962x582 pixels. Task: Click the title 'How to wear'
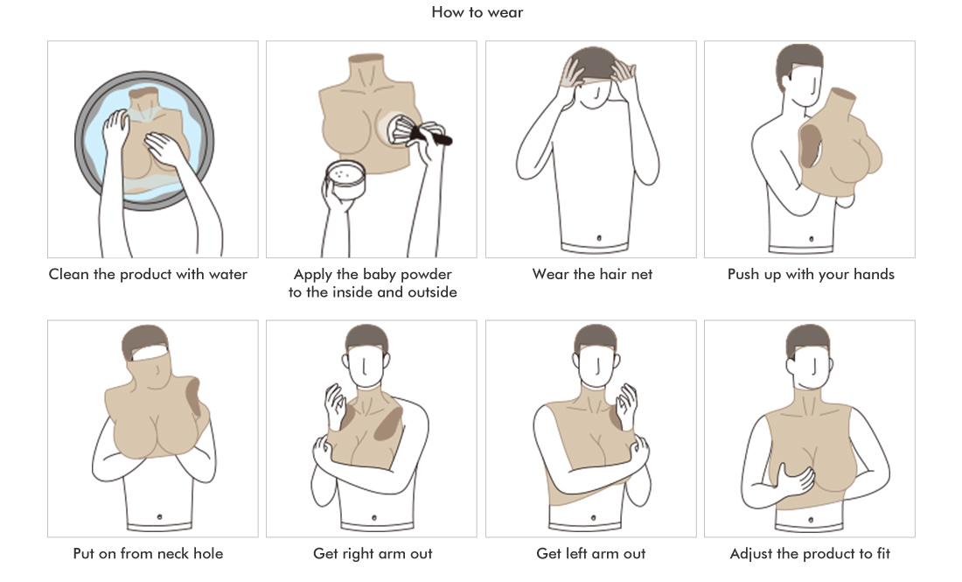[478, 12]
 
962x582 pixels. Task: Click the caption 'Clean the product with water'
[148, 275]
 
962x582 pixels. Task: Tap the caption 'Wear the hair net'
[592, 275]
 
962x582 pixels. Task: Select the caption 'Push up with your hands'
[811, 275]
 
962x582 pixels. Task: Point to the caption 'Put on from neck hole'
[148, 554]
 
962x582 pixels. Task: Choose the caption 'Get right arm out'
[373, 554]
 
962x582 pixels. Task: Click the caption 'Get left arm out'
[591, 554]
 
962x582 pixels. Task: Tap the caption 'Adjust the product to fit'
[810, 554]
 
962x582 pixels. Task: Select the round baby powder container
[345, 179]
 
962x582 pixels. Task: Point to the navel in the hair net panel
[599, 238]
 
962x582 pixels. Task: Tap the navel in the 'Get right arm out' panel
[374, 518]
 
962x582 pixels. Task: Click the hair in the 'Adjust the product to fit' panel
[807, 339]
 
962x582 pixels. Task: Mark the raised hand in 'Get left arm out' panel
[627, 405]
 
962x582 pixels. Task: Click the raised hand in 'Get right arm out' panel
[336, 405]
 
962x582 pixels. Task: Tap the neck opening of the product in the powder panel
[366, 59]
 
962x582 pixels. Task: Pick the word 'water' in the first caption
[228, 275]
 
